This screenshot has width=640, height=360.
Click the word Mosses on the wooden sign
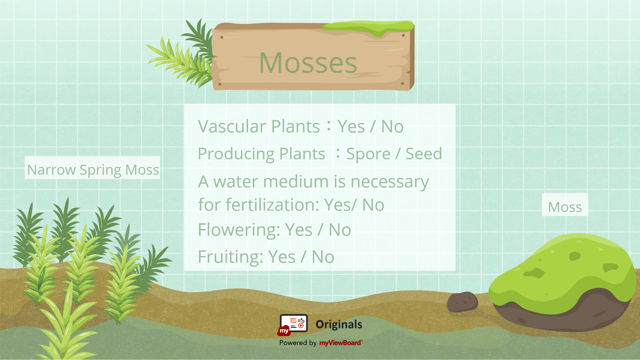[x=308, y=63]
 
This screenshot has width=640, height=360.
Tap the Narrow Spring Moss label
[x=93, y=169]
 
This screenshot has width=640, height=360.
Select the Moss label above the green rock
[x=565, y=207]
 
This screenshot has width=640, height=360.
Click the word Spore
[x=368, y=154]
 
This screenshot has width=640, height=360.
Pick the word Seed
[x=424, y=154]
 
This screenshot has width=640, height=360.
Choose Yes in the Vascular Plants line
[x=351, y=127]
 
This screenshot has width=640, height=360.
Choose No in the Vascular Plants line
[x=392, y=127]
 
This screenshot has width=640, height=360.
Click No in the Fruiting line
[x=323, y=257]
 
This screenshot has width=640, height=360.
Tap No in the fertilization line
[x=373, y=205]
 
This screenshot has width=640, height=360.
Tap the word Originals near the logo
[x=339, y=324]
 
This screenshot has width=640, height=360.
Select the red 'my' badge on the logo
[x=284, y=331]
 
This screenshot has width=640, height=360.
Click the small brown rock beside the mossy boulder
[x=462, y=302]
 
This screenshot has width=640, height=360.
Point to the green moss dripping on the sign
[x=368, y=27]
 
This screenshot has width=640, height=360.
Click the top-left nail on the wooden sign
[x=222, y=37]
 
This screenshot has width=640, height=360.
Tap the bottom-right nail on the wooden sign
[x=402, y=84]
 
